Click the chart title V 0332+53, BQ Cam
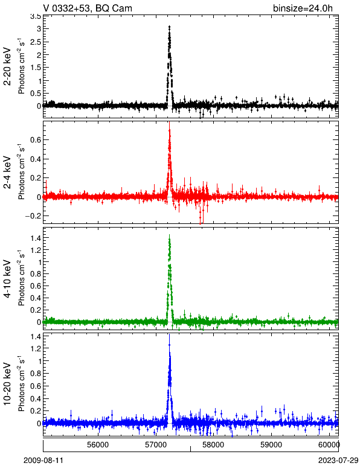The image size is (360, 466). [88, 8]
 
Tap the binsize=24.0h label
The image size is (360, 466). [303, 8]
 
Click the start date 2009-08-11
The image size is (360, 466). [43, 460]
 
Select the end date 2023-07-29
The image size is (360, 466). [338, 460]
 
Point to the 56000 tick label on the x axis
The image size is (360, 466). [98, 445]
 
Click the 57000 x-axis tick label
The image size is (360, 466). [156, 445]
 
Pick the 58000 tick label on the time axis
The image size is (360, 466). [214, 445]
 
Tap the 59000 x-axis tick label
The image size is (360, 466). [271, 445]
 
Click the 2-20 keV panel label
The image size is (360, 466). [7, 66]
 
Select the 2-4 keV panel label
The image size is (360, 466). [7, 173]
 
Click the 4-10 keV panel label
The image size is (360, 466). [7, 279]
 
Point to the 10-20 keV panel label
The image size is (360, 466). [7, 384]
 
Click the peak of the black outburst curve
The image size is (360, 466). [170, 27]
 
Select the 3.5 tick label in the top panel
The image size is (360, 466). [36, 17]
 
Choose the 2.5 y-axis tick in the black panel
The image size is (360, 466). [36, 42]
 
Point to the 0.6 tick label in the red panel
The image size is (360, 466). [36, 139]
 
